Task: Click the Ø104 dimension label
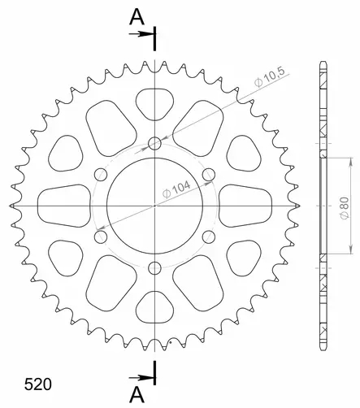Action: [x=176, y=189]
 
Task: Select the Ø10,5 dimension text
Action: [x=270, y=78]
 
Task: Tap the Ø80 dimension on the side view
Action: [x=345, y=208]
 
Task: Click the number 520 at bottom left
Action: [x=38, y=384]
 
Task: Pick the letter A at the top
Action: [x=137, y=17]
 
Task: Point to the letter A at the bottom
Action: [x=137, y=394]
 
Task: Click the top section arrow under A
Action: [x=141, y=34]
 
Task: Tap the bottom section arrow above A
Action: [x=141, y=378]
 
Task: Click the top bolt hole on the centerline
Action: [x=154, y=143]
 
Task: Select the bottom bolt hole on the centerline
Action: [x=154, y=268]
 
